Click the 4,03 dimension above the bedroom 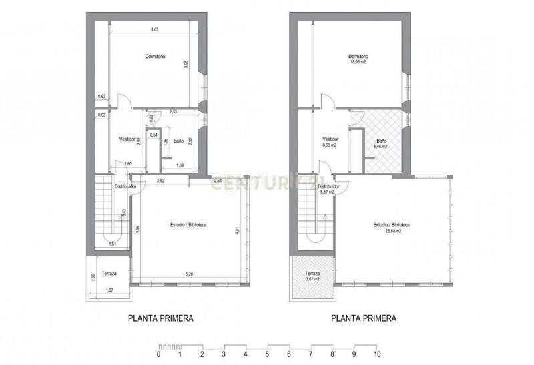(x=154, y=29)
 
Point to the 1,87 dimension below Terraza (x=110, y=289)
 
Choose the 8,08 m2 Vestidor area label (x=330, y=145)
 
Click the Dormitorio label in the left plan (x=156, y=56)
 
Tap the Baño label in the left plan (x=178, y=141)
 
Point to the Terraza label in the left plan (x=109, y=274)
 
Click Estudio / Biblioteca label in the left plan (x=188, y=225)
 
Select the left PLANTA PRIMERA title (x=160, y=318)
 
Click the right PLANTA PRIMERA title (x=364, y=318)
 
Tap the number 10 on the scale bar (x=377, y=354)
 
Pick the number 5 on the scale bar (x=267, y=354)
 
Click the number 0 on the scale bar (x=158, y=354)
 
